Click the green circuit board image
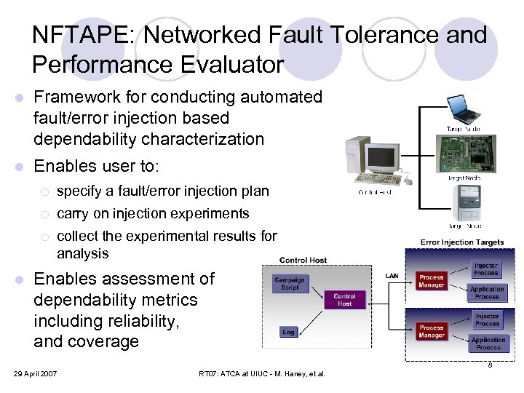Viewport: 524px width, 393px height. pos(463,154)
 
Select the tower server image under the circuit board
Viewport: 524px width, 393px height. pos(464,202)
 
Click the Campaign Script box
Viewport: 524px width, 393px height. pos(290,284)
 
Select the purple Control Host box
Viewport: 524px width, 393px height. pos(344,300)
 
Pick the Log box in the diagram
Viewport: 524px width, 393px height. pos(288,332)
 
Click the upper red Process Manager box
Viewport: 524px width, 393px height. pos(432,282)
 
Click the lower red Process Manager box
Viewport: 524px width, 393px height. pos(432,332)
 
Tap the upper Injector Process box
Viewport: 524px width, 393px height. pos(486,269)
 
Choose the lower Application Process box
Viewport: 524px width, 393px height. pos(488,344)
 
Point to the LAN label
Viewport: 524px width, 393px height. pos(392,275)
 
